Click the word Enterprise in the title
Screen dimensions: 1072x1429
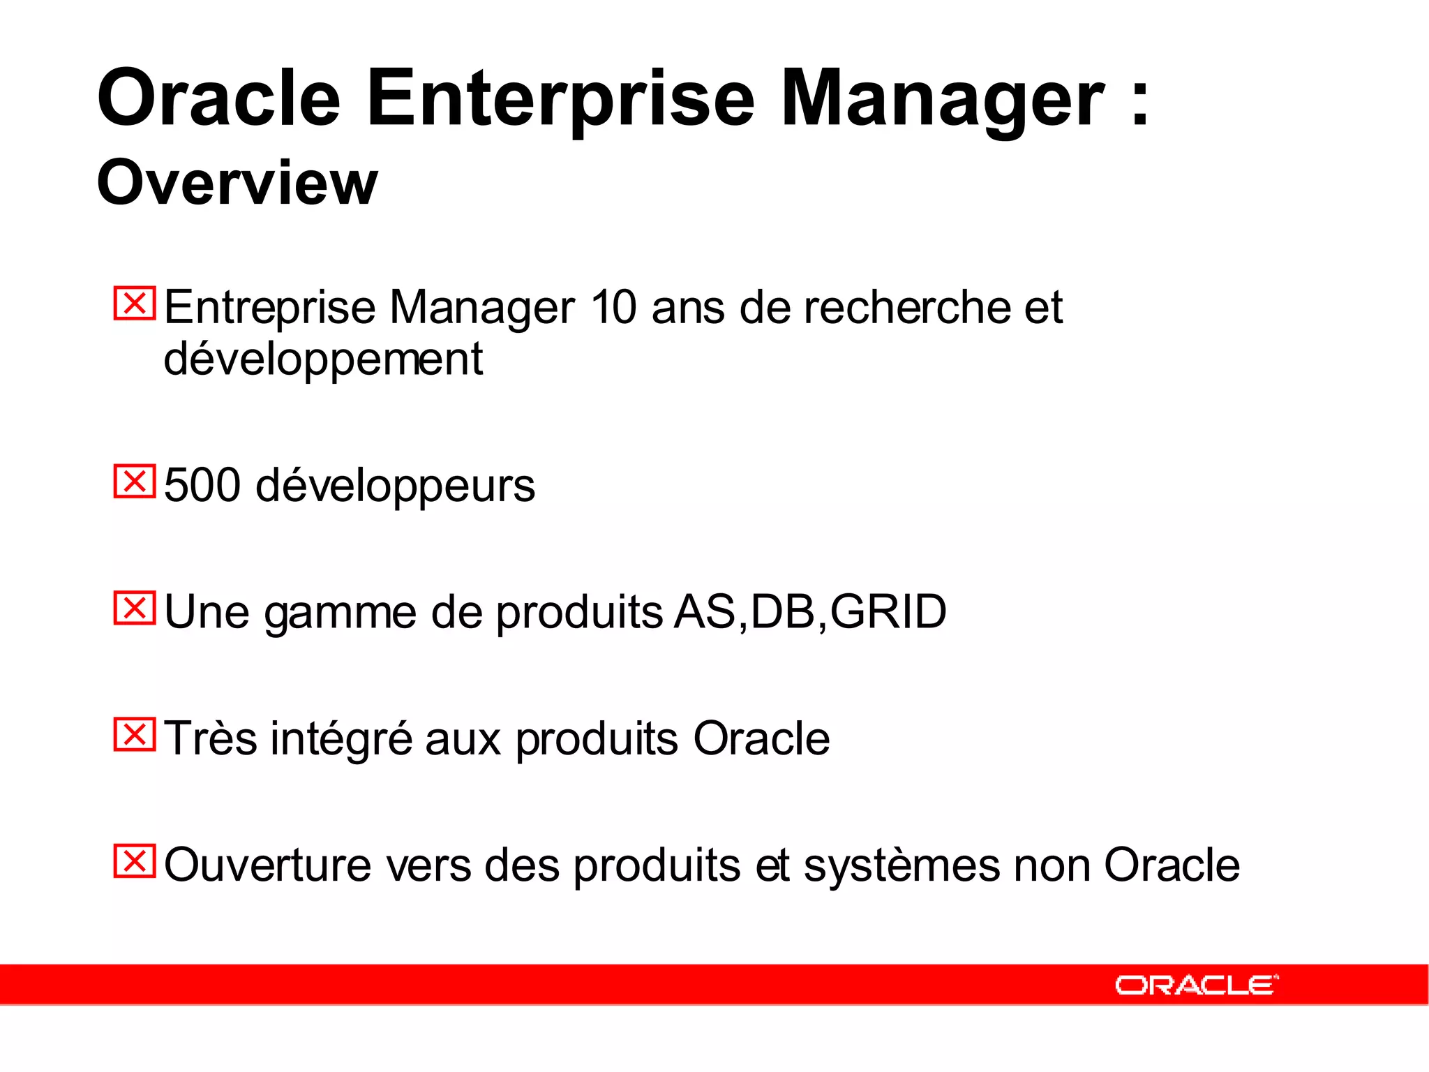tap(560, 99)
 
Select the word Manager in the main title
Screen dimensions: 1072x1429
tap(942, 99)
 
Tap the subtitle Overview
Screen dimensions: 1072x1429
tap(237, 183)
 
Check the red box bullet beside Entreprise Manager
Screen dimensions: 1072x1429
tap(134, 304)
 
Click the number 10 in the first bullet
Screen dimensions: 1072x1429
tap(613, 307)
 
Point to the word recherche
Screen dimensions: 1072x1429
tap(906, 307)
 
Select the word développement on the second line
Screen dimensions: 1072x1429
tap(323, 359)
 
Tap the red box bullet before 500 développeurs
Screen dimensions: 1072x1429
tap(134, 482)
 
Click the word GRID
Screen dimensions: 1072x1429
tap(888, 612)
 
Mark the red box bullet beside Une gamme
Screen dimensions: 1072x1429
tap(134, 608)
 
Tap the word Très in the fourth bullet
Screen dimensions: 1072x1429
tap(211, 738)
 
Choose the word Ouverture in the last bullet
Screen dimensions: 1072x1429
tap(268, 865)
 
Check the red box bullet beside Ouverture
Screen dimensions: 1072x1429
tap(134, 861)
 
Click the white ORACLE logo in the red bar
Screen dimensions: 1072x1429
tap(1196, 985)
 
